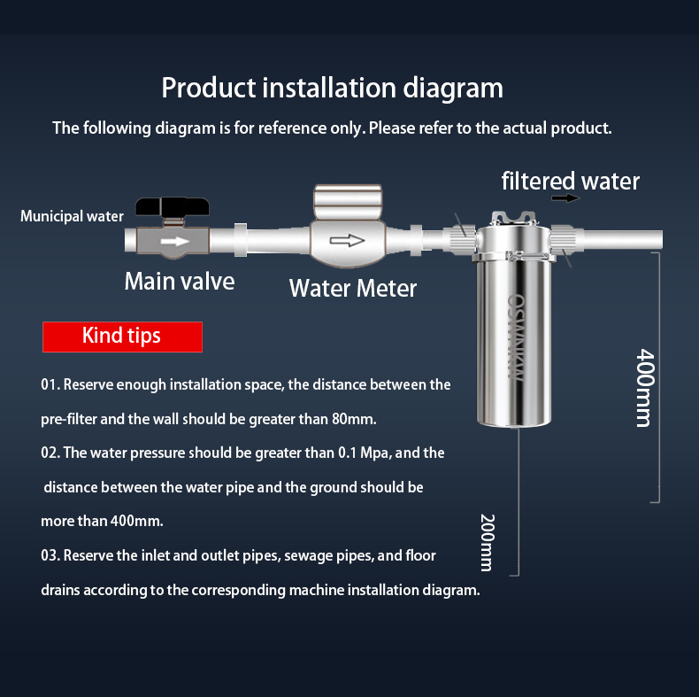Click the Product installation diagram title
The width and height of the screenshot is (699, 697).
point(332,89)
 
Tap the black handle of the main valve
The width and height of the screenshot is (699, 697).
point(174,208)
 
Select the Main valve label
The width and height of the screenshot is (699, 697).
point(179,282)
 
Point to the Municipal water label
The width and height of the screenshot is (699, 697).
point(73,217)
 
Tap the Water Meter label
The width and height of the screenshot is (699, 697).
point(352,288)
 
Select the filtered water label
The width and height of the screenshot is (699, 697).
point(570,182)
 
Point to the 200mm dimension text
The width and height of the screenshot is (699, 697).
point(486,541)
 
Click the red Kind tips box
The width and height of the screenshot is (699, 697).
point(122,337)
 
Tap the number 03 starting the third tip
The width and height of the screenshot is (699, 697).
point(50,555)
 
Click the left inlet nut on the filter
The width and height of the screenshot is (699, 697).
point(460,237)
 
